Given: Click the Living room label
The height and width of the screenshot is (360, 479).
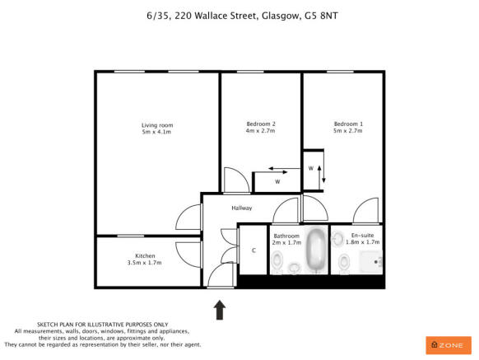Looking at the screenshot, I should tap(156, 125).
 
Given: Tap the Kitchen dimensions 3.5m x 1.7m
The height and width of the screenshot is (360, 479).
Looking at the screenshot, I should tap(122, 263).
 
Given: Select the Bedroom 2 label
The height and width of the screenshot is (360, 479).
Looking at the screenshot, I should tap(260, 124).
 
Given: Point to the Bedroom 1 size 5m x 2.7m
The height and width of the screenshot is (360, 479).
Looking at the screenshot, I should tap(348, 131).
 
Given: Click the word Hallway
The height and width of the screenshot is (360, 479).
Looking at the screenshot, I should tap(241, 208).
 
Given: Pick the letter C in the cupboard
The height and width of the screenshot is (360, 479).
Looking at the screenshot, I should tap(253, 250).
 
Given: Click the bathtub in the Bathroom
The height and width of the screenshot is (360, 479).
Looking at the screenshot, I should tap(316, 250).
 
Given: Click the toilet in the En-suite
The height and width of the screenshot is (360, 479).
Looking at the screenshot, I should tap(344, 263).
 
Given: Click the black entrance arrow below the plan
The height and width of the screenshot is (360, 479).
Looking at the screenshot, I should tap(220, 309).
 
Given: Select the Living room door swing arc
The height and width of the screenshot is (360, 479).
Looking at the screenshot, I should tap(188, 217).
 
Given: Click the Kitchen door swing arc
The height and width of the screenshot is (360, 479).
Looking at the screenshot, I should tap(188, 252).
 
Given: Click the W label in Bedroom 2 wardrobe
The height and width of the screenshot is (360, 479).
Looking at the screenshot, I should tap(277, 181).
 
